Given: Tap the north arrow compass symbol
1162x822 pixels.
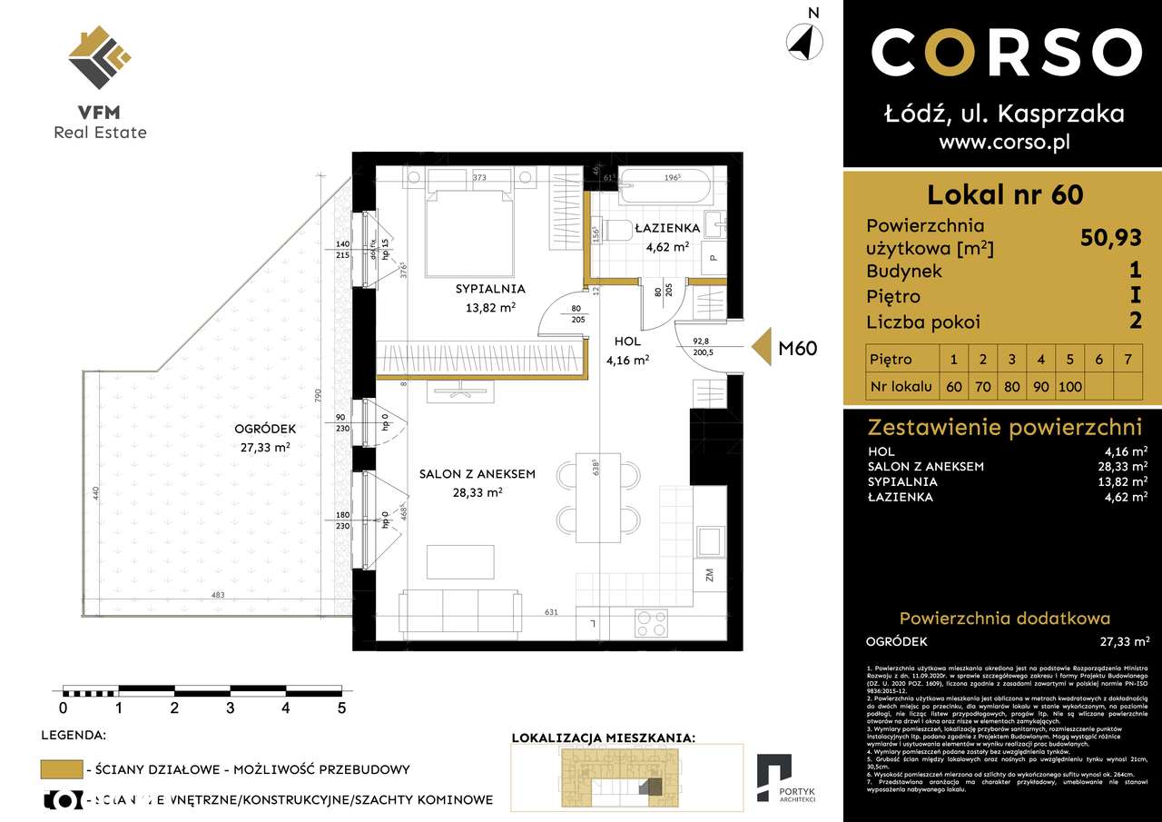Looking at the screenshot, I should click(x=804, y=42).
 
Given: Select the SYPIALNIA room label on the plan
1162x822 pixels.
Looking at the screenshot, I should click(x=490, y=289).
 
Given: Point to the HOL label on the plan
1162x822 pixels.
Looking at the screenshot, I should click(x=627, y=342).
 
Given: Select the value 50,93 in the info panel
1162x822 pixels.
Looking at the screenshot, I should click(x=1111, y=238).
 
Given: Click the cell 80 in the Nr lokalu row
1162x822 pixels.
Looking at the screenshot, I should click(x=1011, y=385).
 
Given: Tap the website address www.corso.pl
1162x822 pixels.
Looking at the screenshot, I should click(x=1004, y=142).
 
